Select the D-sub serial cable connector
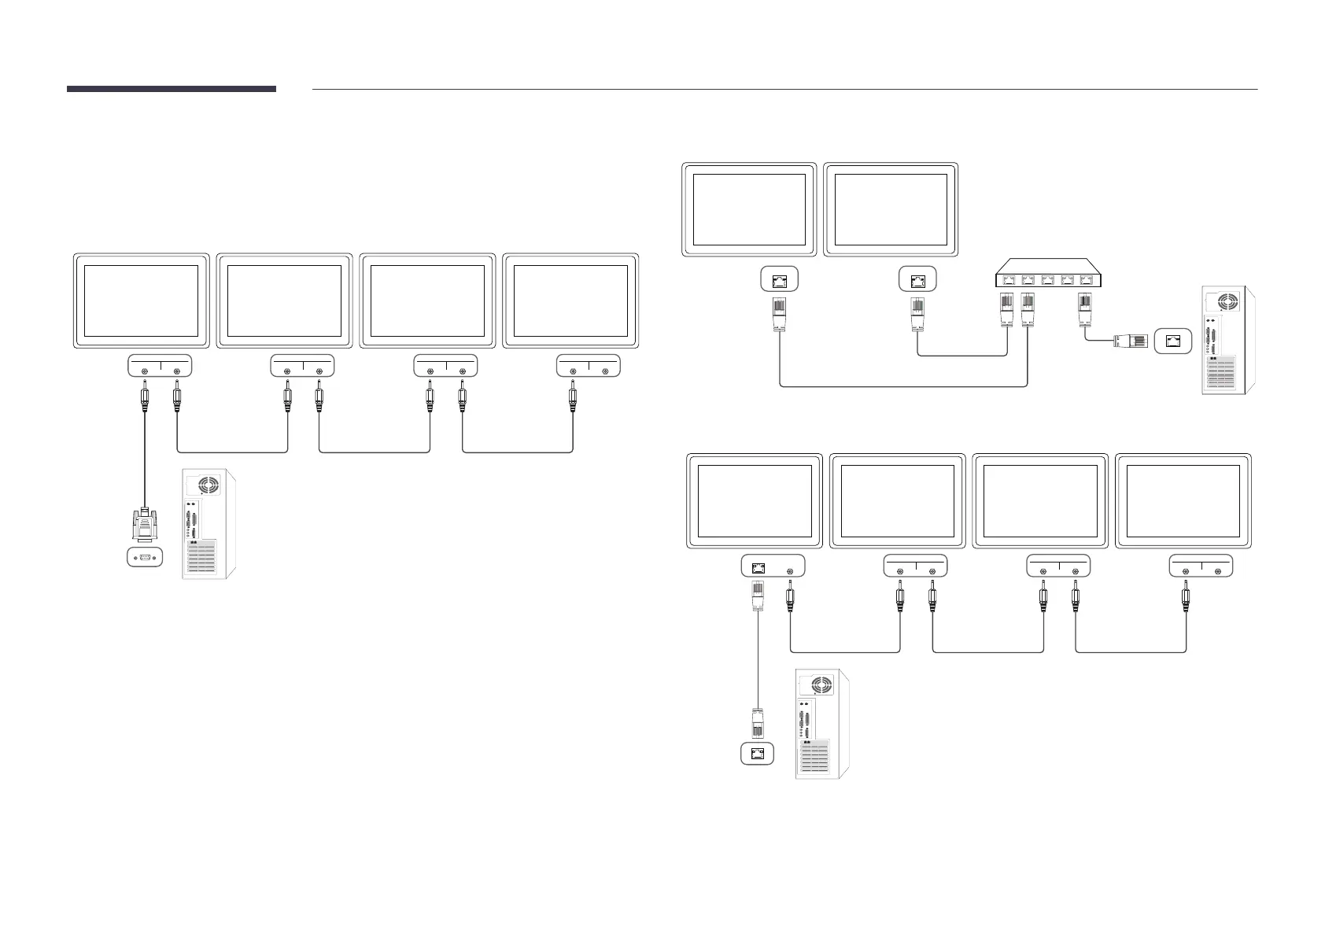(144, 525)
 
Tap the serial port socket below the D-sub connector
(145, 558)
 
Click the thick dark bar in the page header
(172, 89)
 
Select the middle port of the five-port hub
(1047, 279)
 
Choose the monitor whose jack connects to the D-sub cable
(142, 300)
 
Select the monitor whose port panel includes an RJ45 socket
(755, 500)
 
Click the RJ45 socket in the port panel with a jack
(758, 566)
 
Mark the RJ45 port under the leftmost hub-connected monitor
(780, 279)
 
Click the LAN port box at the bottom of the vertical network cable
(758, 754)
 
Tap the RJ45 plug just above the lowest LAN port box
(758, 722)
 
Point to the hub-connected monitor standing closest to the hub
(891, 209)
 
